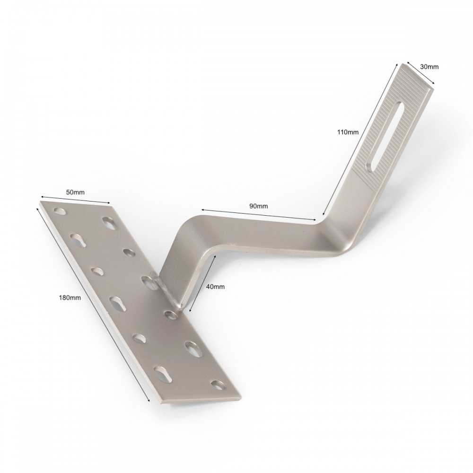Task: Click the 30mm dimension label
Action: click(429, 67)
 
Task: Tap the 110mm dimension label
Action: click(348, 132)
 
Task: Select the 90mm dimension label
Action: click(259, 206)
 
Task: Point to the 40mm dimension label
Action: click(215, 287)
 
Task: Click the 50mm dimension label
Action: click(75, 192)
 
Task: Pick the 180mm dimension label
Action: click(70, 298)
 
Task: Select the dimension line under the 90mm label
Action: click(259, 215)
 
